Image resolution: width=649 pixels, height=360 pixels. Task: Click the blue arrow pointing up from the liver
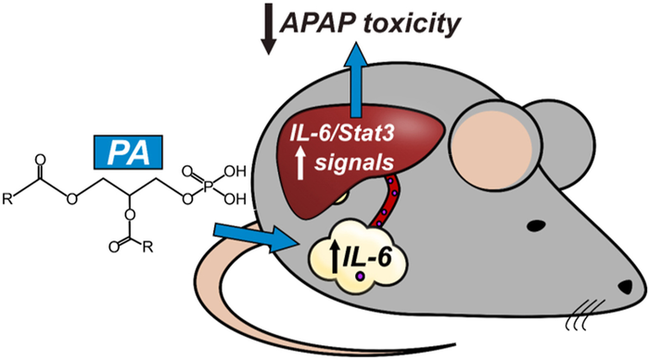355,82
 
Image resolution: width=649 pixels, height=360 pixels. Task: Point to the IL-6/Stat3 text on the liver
342,135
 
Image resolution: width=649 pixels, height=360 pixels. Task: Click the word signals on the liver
354,163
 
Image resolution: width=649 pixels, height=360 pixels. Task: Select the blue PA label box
128,152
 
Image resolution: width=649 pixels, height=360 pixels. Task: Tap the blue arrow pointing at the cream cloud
257,237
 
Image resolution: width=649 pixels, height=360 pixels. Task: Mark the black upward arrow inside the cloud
334,257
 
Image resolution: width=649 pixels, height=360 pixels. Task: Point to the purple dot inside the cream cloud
362,276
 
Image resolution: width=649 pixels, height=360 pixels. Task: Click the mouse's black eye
537,225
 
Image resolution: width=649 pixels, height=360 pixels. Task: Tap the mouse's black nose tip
626,287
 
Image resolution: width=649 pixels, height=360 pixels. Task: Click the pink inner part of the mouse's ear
492,148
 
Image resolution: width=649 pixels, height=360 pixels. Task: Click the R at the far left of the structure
7,199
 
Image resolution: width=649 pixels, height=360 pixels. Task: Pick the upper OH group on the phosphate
235,171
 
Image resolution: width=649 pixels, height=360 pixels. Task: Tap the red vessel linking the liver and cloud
385,199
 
